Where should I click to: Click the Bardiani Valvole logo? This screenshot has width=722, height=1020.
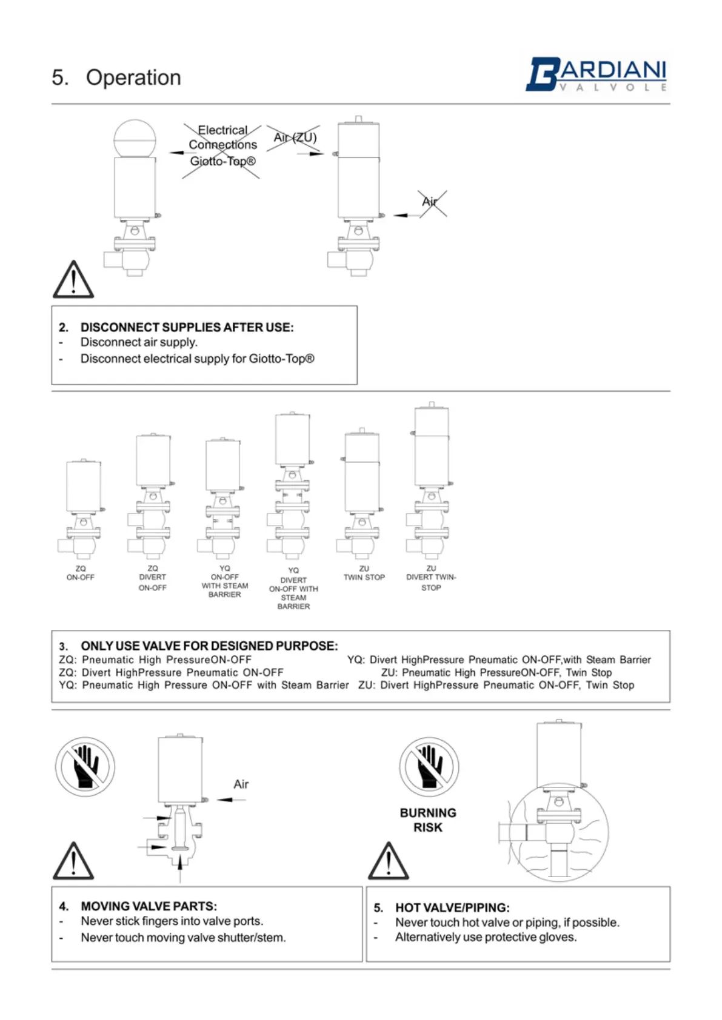click(x=596, y=75)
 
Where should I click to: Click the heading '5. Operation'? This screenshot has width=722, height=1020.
click(x=116, y=78)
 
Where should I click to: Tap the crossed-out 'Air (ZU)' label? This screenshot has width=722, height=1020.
click(x=295, y=138)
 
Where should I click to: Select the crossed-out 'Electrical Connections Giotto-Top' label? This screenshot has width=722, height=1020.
click(x=222, y=146)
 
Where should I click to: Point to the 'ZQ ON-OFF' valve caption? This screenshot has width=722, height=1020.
click(x=81, y=573)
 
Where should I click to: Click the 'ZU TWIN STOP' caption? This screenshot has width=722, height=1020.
click(x=364, y=573)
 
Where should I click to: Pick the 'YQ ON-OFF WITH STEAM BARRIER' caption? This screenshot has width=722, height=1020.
click(x=225, y=581)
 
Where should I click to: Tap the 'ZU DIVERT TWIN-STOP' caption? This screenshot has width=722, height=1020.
click(x=431, y=578)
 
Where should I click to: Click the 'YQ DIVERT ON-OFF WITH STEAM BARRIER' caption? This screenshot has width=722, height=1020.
click(x=293, y=588)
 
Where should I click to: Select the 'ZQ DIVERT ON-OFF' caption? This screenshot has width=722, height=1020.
click(x=152, y=578)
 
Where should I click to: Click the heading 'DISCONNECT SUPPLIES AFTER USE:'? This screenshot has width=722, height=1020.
click(x=187, y=328)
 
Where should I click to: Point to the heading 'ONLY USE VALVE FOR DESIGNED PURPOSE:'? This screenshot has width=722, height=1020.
click(x=209, y=646)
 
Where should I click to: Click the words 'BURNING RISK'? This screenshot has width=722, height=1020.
click(x=428, y=820)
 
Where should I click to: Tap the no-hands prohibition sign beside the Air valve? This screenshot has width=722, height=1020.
click(x=85, y=766)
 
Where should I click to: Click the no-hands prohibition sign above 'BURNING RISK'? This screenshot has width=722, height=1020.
click(x=429, y=766)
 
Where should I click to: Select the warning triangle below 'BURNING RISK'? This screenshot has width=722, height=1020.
click(x=389, y=862)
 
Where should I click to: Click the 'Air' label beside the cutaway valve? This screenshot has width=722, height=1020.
click(x=241, y=784)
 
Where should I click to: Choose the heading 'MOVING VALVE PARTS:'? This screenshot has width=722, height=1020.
click(x=149, y=906)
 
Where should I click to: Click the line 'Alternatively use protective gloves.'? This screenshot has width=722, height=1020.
click(x=486, y=937)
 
